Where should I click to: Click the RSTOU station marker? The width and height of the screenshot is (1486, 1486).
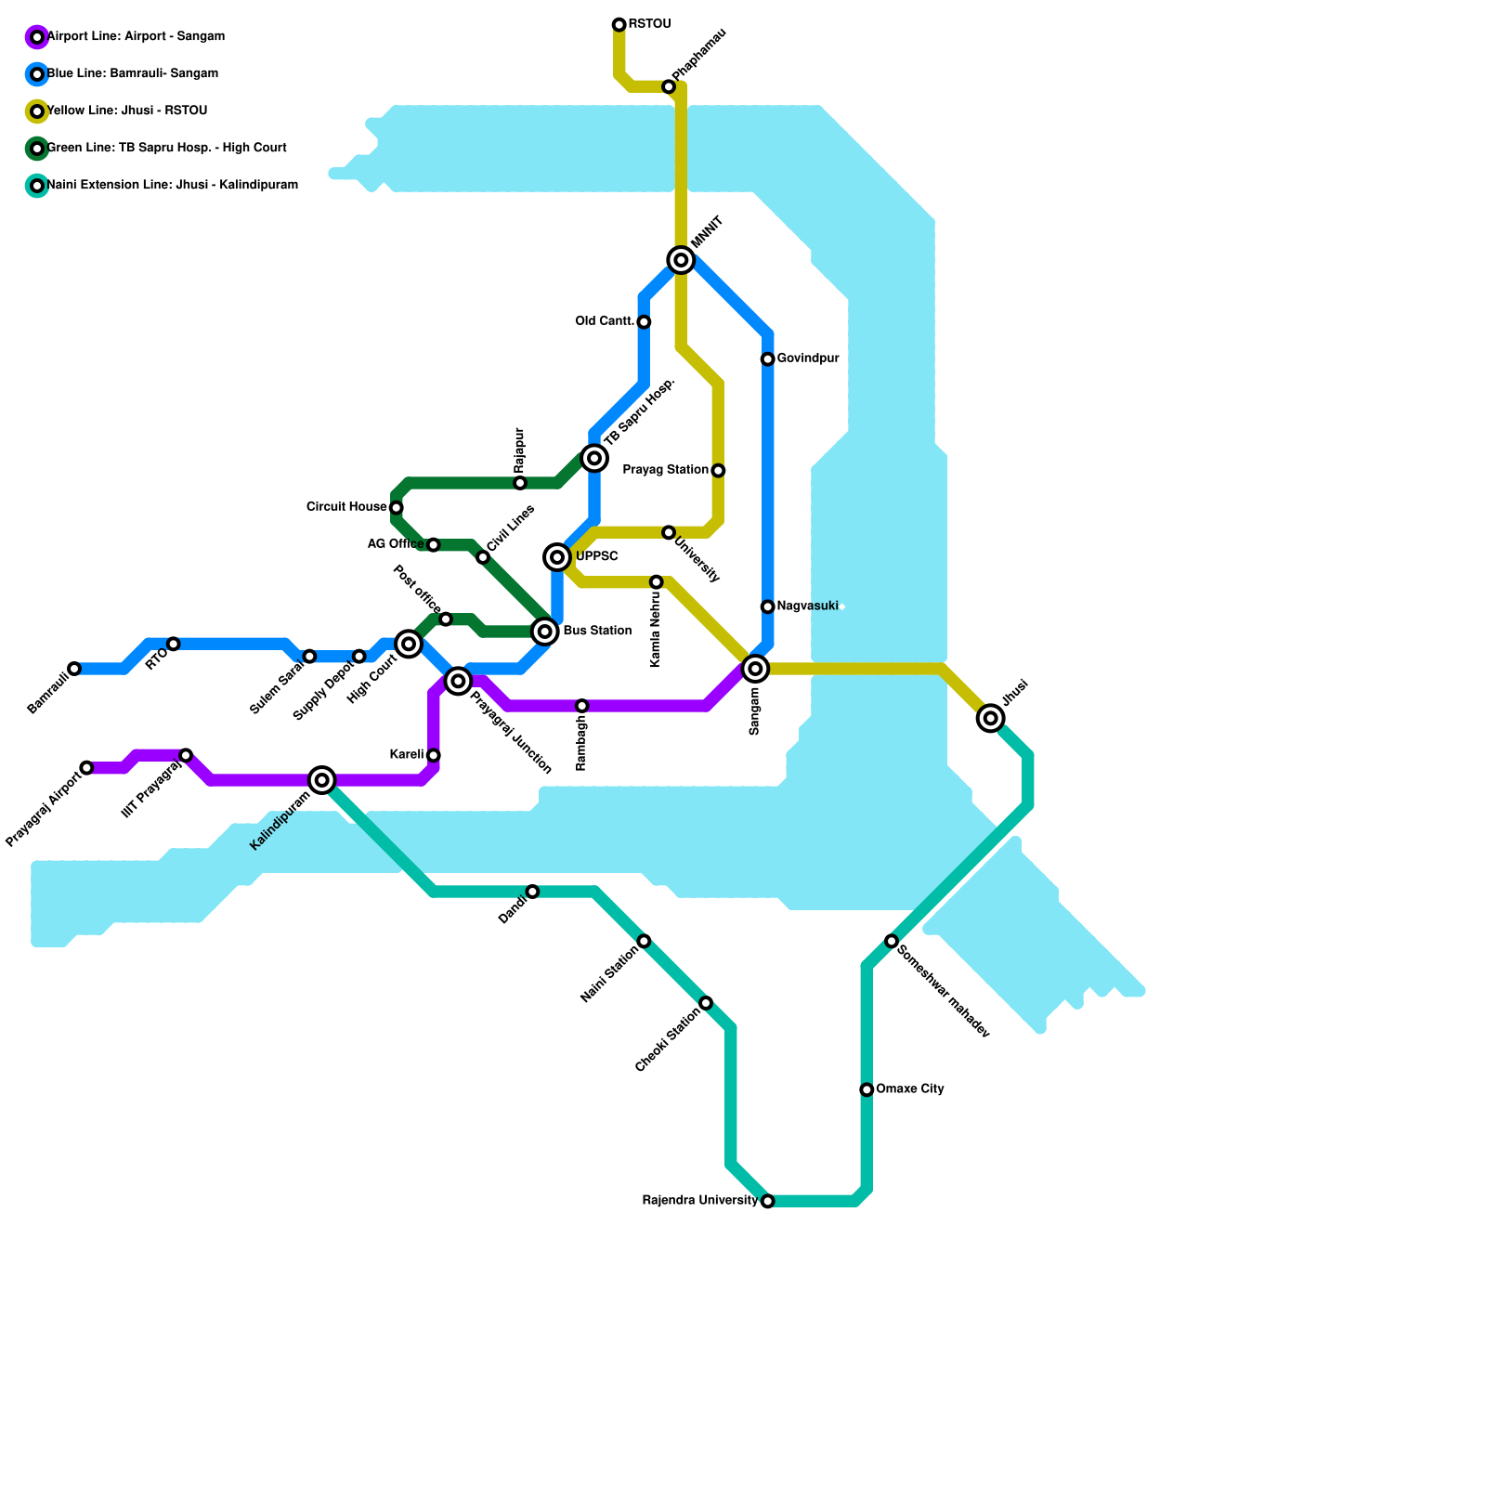[x=619, y=24]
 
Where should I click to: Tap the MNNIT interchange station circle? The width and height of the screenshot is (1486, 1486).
[x=682, y=260]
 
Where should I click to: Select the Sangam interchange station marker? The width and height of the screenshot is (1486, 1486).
[x=756, y=669]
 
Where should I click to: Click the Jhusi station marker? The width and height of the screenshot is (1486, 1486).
[x=991, y=718]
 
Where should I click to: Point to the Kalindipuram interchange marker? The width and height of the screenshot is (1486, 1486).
[x=322, y=780]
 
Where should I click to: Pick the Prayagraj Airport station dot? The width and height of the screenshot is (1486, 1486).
[x=86, y=768]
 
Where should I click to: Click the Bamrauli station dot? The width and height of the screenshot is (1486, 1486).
[x=74, y=669]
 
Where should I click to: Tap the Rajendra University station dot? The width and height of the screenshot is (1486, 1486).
[x=767, y=1202]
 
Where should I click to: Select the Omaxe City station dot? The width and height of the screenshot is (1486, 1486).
[x=867, y=1089]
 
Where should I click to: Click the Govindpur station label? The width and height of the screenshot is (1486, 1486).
[x=808, y=358]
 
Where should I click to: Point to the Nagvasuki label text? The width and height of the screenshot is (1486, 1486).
[x=807, y=606]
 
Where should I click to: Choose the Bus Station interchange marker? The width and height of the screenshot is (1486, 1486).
[x=545, y=632]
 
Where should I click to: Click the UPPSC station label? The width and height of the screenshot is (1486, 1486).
[x=596, y=556]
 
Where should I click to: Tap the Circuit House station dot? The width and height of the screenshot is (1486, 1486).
[x=397, y=508]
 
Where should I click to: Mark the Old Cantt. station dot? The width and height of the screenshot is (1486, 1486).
[x=644, y=322]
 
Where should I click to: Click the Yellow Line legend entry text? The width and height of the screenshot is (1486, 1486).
[x=127, y=111]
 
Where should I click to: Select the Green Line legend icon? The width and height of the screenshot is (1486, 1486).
[x=37, y=149]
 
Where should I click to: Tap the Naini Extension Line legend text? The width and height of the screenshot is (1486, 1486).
[x=173, y=185]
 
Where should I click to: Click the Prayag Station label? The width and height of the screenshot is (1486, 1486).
[x=665, y=470]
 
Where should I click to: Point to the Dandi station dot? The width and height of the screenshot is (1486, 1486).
[x=532, y=892]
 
